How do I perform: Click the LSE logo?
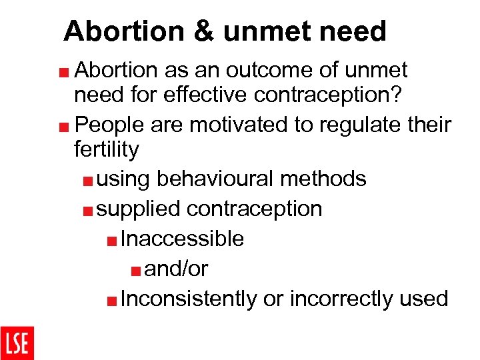pos(17,343)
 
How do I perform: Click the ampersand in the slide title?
pos(203,31)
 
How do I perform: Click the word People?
pos(113,125)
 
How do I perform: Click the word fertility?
pos(107,149)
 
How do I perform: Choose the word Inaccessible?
pos(183,239)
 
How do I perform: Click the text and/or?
pos(177,269)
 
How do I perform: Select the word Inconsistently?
pos(189,299)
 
